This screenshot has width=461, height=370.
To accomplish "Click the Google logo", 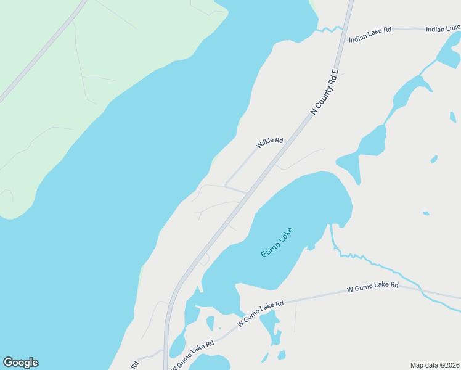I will [20, 363].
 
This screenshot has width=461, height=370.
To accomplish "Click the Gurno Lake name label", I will [276, 242].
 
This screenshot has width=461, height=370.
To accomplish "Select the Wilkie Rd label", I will [270, 143].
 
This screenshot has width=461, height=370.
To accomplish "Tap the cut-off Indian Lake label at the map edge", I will [443, 28].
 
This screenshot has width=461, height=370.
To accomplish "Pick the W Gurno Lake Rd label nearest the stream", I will [373, 287].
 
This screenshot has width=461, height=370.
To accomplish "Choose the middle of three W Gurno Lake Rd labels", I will [261, 313].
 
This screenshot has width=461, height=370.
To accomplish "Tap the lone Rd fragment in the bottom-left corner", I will [134, 364].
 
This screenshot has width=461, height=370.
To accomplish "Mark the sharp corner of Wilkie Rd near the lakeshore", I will [226, 184].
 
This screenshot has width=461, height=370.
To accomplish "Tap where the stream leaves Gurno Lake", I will [332, 226].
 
